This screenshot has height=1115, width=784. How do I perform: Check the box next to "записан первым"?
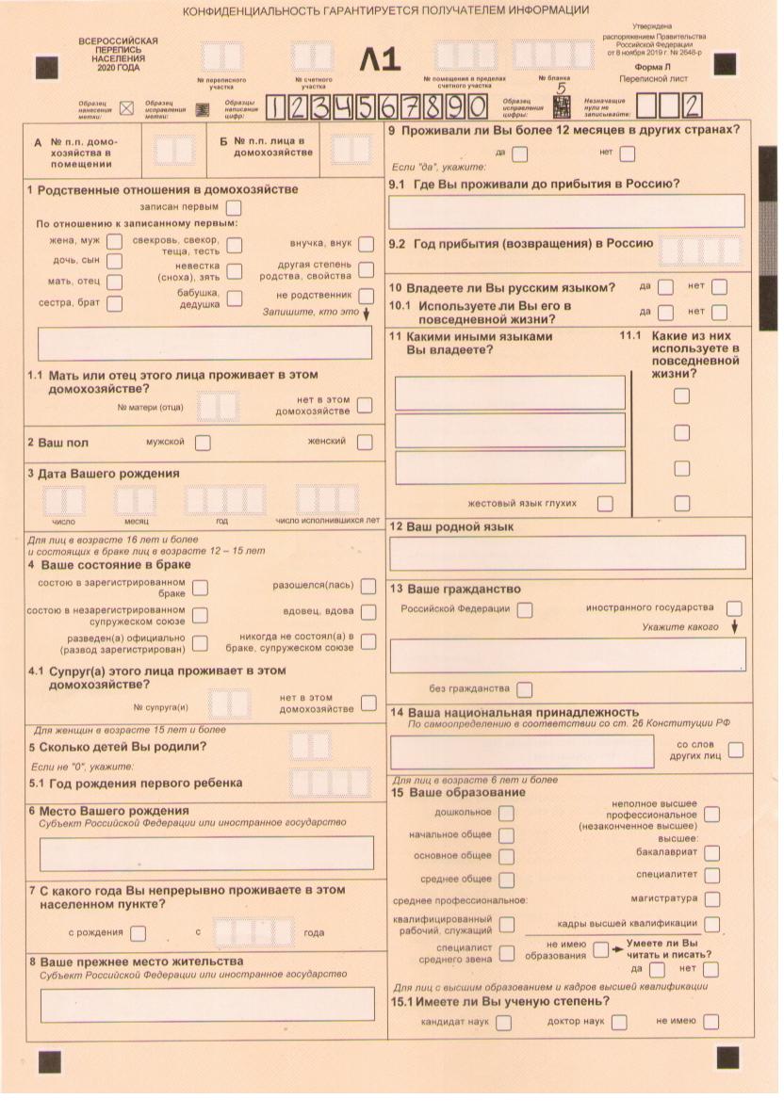[234, 207]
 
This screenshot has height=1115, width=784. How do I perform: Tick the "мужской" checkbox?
[202, 442]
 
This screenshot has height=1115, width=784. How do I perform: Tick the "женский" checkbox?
[364, 442]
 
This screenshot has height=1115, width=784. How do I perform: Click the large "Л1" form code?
[380, 60]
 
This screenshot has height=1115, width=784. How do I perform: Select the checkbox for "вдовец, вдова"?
[367, 612]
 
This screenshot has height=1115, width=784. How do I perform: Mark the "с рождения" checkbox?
[139, 933]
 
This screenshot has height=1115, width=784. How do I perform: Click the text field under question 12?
[568, 553]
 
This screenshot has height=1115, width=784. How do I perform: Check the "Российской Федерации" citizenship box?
[524, 609]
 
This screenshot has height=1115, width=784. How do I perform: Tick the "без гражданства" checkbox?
[524, 689]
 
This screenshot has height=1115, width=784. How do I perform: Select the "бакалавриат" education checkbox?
[711, 852]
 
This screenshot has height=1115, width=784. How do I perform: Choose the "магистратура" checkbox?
[711, 899]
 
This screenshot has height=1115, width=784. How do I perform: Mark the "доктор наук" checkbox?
[618, 1022]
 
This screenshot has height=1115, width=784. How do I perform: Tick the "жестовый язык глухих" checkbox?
[605, 504]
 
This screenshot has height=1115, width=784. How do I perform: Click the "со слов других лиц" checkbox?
[735, 750]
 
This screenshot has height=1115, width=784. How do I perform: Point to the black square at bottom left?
[49, 1061]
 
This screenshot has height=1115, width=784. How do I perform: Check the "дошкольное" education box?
[506, 812]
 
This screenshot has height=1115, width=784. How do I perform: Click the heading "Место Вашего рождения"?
[114, 811]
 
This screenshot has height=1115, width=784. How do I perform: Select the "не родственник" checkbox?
[366, 295]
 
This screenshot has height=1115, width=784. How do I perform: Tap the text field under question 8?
[206, 1004]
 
